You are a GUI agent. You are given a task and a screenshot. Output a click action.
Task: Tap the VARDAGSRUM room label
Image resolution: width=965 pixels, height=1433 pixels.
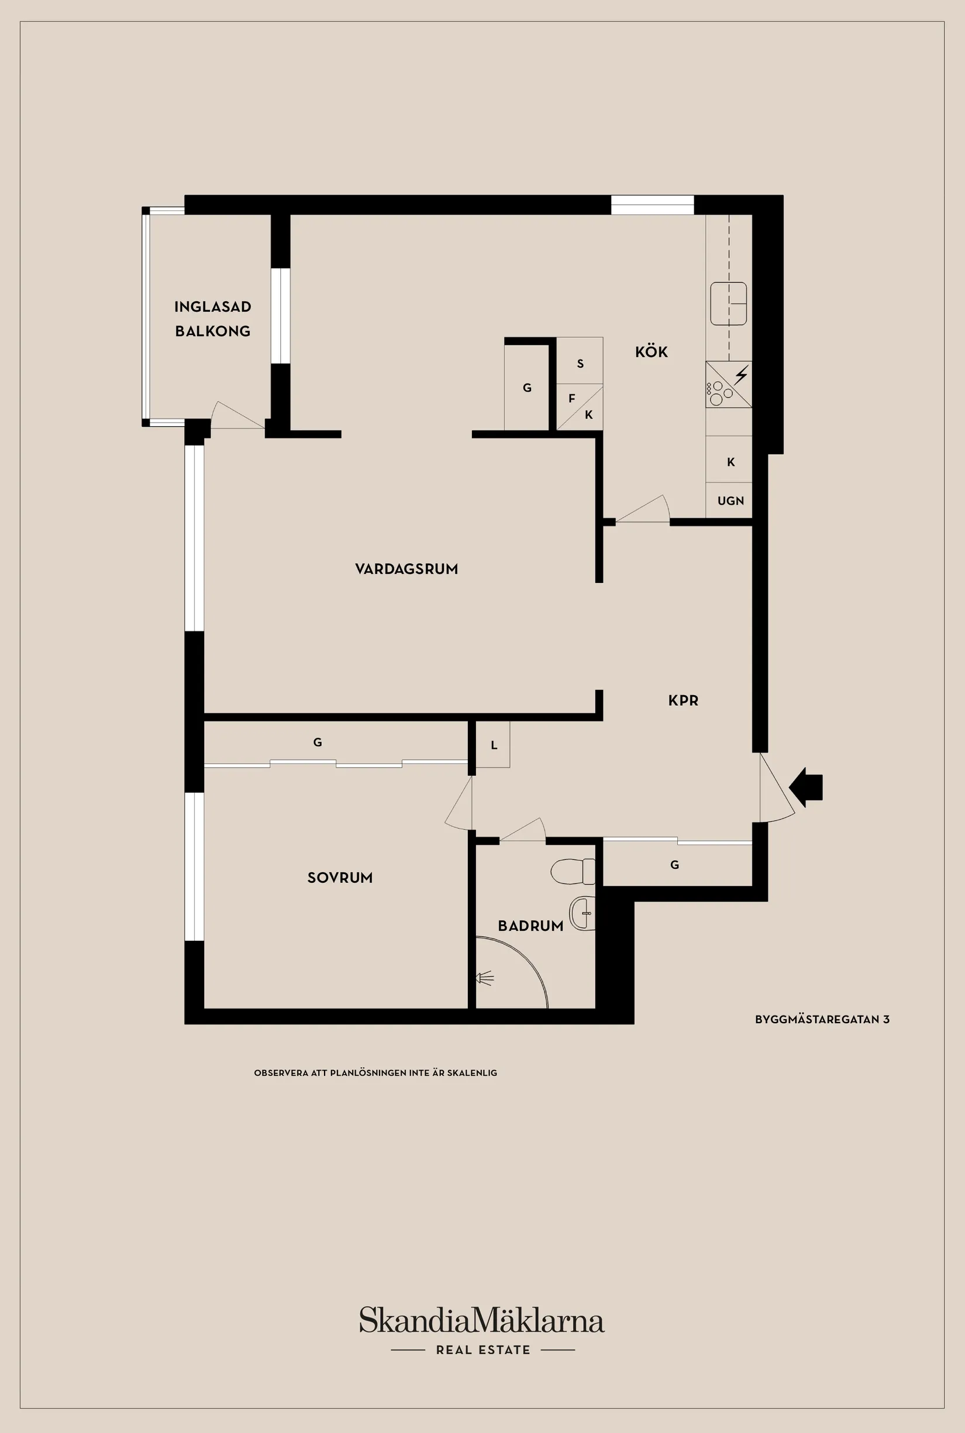pyautogui.click(x=406, y=569)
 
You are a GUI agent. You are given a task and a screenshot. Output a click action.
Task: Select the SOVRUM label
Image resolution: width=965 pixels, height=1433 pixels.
pyautogui.click(x=340, y=878)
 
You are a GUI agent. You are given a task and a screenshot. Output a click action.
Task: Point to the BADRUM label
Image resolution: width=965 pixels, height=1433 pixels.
pyautogui.click(x=530, y=926)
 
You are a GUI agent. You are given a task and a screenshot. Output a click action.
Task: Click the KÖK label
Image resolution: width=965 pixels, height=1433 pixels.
pyautogui.click(x=651, y=352)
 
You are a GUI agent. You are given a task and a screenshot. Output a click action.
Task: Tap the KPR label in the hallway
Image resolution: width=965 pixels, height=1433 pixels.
pyautogui.click(x=683, y=700)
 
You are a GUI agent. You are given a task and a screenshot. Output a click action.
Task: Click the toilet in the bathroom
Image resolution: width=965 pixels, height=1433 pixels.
pyautogui.click(x=572, y=872)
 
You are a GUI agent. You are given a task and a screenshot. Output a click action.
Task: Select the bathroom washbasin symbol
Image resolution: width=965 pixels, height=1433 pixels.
pyautogui.click(x=582, y=913)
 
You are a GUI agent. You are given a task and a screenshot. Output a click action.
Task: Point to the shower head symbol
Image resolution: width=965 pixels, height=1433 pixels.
pyautogui.click(x=485, y=978)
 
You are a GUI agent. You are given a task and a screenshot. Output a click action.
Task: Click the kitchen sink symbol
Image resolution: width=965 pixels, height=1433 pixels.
pyautogui.click(x=729, y=303)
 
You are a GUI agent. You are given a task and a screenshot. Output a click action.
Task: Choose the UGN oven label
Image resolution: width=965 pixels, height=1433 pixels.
pyautogui.click(x=730, y=501)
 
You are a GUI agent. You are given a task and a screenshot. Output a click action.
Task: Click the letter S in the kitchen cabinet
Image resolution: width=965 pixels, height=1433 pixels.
pyautogui.click(x=580, y=364)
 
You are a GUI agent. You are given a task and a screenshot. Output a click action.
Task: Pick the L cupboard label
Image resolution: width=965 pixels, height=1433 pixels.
pyautogui.click(x=494, y=745)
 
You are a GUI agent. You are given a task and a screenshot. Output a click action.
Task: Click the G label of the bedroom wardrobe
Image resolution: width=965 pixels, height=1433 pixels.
pyautogui.click(x=318, y=742)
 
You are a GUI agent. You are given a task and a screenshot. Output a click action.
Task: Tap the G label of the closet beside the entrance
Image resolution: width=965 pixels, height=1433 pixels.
pyautogui.click(x=674, y=865)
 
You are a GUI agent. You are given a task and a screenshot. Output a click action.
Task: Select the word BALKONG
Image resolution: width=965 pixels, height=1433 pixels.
pyautogui.click(x=212, y=331)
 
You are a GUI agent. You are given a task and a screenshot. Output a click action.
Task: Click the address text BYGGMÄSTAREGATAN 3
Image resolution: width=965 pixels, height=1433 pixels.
pyautogui.click(x=822, y=1019)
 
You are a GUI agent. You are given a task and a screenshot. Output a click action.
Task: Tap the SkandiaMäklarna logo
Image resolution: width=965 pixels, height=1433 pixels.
pyautogui.click(x=482, y=1320)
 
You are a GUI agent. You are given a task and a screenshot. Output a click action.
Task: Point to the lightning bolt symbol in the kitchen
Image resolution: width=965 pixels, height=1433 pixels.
pyautogui.click(x=742, y=374)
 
